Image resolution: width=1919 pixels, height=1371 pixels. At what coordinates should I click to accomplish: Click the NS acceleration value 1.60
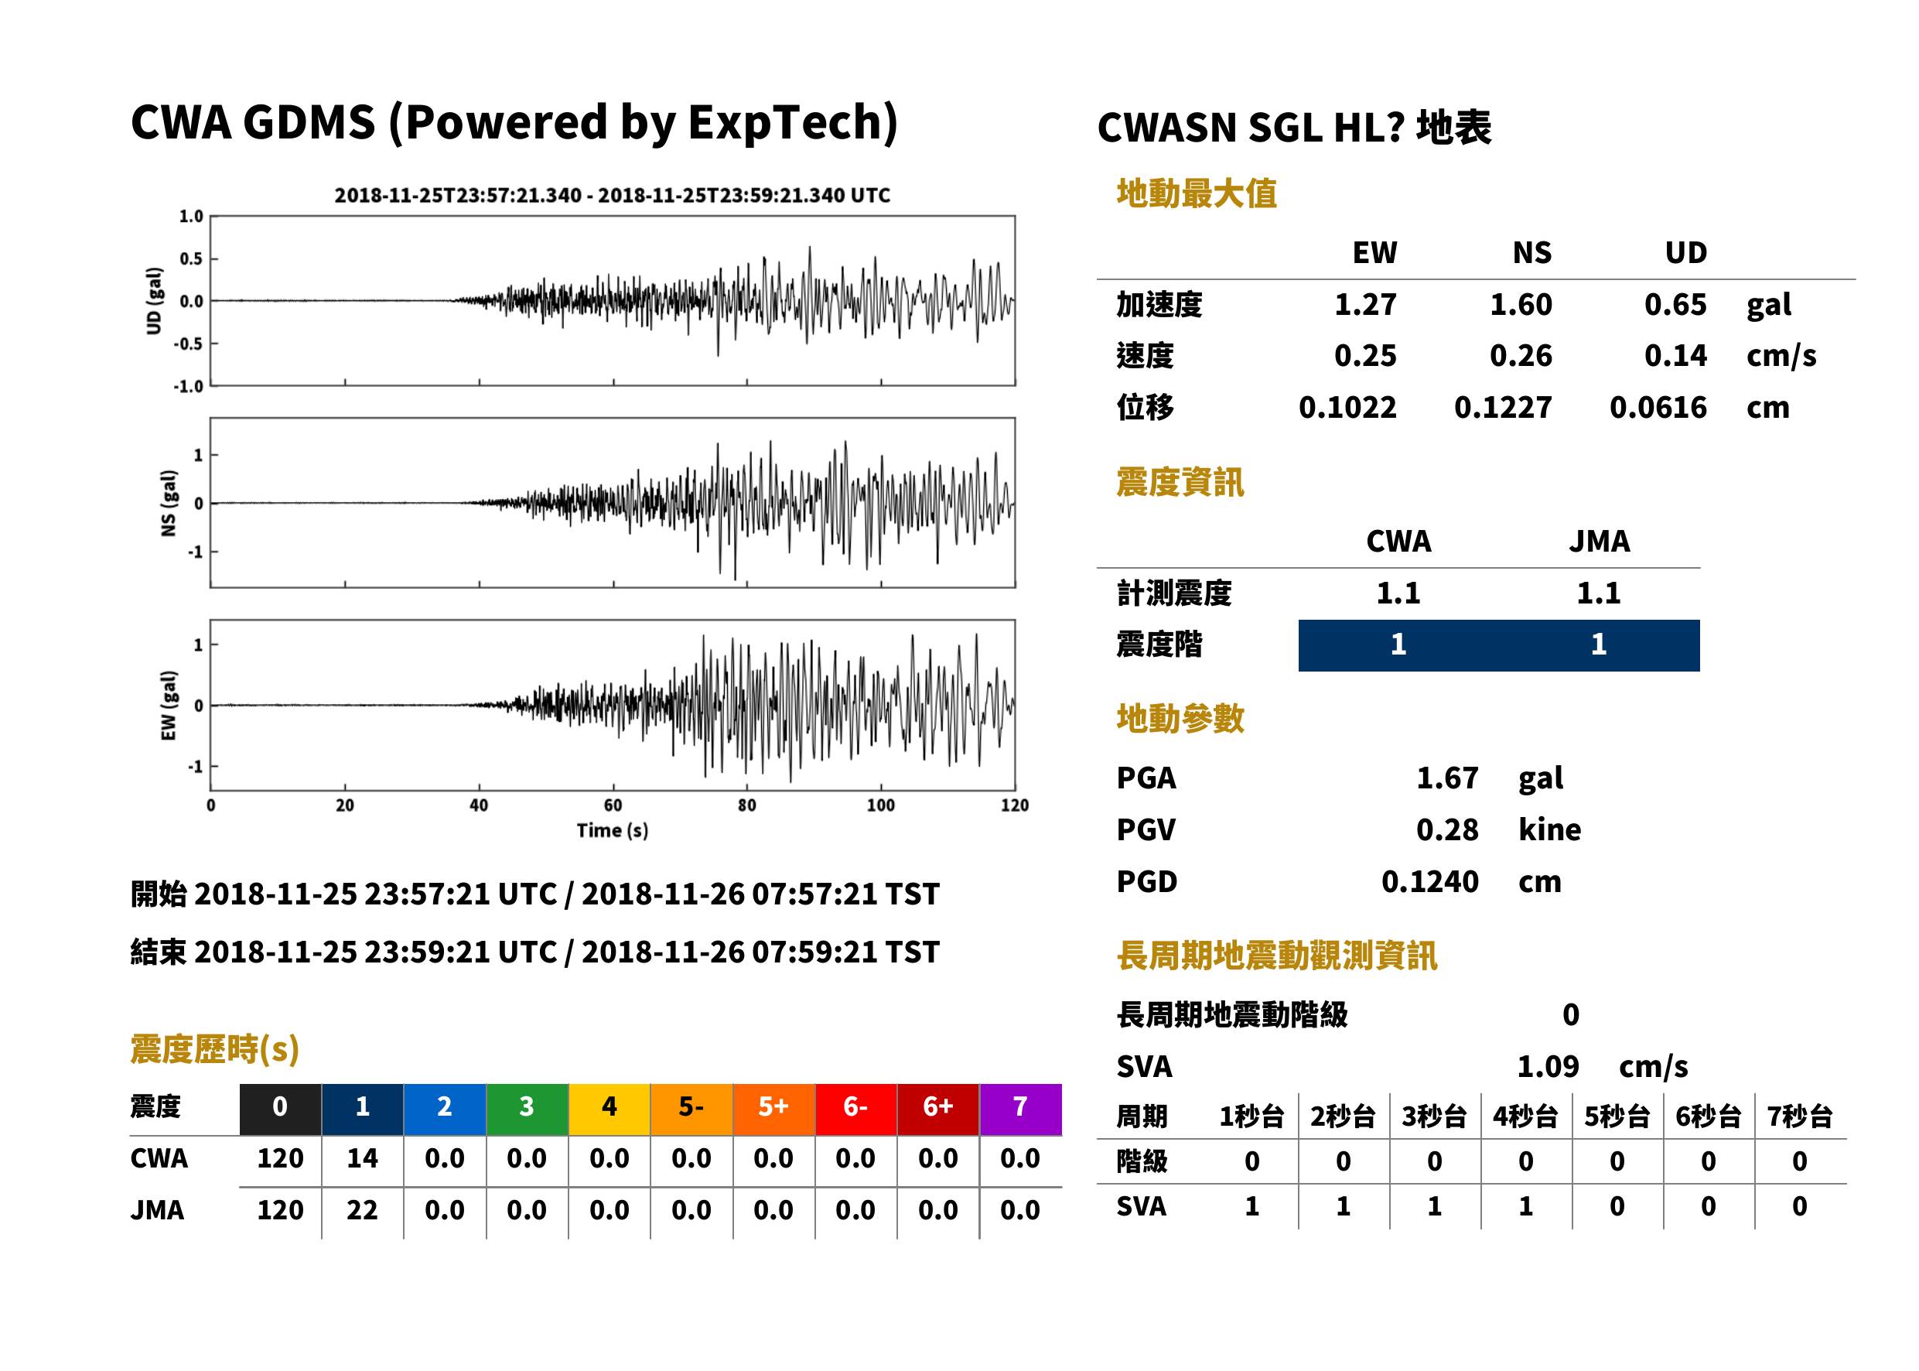1520,305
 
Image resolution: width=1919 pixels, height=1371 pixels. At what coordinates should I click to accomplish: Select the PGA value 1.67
1446,778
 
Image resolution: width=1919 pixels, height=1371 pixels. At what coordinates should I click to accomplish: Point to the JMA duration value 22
362,1210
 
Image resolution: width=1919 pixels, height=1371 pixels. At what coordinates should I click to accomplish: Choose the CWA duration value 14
362,1158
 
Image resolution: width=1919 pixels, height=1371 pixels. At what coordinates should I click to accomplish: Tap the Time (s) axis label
613,831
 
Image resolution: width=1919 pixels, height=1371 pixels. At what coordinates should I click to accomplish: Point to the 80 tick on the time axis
747,805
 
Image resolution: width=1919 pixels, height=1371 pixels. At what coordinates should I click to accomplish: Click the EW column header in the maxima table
1374,253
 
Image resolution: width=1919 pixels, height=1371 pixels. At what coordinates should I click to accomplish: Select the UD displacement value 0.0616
1658,408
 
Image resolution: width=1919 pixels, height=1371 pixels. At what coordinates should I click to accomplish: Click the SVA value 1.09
1548,1067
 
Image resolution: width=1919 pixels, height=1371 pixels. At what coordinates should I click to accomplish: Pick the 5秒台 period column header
1616,1117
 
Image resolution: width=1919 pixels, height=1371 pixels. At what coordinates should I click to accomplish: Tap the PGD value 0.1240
1429,882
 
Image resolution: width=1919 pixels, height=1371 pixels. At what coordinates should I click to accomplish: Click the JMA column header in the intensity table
1600,541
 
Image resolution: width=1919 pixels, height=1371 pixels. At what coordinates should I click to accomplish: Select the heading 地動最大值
1197,194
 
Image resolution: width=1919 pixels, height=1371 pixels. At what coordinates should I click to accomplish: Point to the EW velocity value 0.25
1364,356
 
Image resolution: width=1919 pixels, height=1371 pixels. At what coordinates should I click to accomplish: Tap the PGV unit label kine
1549,830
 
